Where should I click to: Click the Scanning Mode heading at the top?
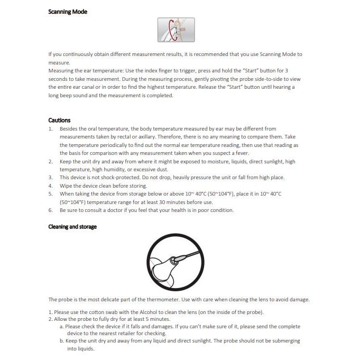(x=68, y=12)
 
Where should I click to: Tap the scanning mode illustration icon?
(x=176, y=30)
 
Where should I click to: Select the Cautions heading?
(x=59, y=121)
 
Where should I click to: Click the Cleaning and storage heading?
(x=72, y=227)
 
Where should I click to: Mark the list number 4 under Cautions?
(x=50, y=186)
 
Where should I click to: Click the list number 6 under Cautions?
(x=50, y=210)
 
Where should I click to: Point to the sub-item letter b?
(x=61, y=341)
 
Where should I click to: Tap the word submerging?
(x=281, y=341)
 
